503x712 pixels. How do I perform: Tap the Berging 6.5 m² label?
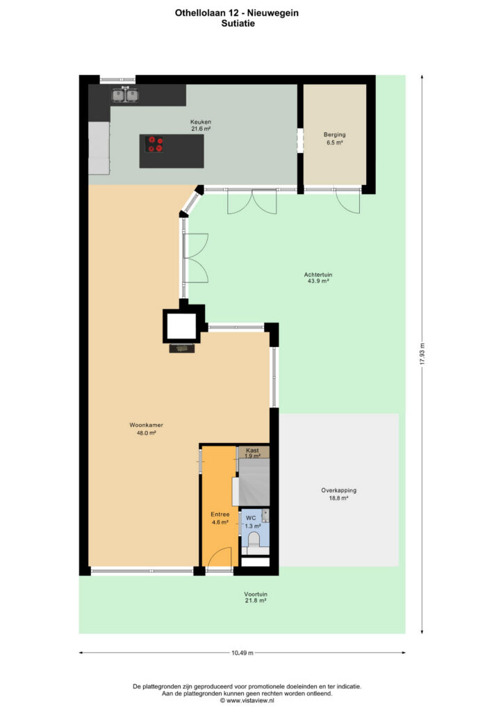[x=335, y=138]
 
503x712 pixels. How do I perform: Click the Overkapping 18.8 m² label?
[x=339, y=494]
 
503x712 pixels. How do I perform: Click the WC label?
[x=251, y=518]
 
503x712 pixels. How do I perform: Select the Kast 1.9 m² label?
[x=253, y=453]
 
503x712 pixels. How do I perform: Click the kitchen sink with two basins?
[x=125, y=95]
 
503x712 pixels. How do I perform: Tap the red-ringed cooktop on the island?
[x=155, y=145]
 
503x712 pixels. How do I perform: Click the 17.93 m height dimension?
[x=422, y=354]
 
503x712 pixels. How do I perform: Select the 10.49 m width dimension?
[x=242, y=653]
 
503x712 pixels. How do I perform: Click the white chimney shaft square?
[x=181, y=325]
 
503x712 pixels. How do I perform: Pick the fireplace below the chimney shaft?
[x=182, y=348]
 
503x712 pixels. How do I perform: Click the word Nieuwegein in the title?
[x=273, y=13]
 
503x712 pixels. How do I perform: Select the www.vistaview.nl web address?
[x=250, y=701]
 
